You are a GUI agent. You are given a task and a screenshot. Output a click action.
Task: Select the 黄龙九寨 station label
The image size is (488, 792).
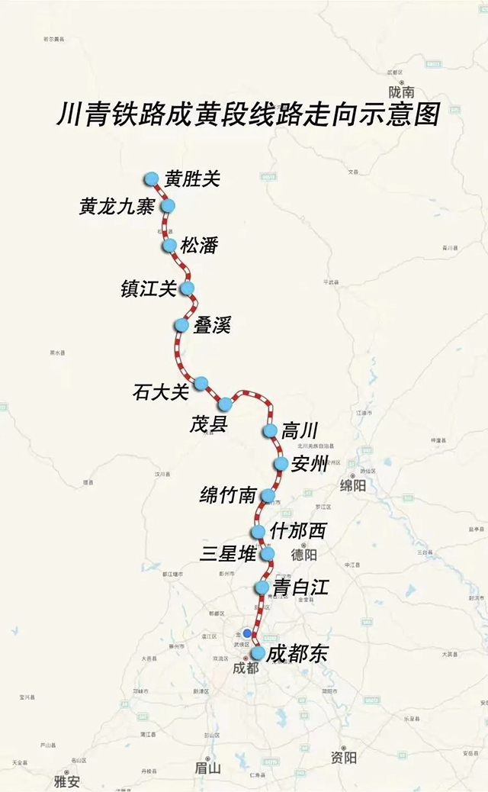pyautogui.click(x=117, y=207)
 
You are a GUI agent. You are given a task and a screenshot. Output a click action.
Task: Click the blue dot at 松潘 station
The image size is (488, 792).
pyautogui.click(x=169, y=245)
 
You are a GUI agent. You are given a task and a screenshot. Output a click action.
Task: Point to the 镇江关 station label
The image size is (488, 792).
pyautogui.click(x=149, y=289)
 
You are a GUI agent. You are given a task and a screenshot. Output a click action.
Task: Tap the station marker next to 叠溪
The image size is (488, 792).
pyautogui.click(x=181, y=325)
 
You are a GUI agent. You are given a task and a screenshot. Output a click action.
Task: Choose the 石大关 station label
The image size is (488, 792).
pyautogui.click(x=160, y=392)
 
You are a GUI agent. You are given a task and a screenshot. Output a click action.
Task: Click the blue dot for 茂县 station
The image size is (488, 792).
pyautogui.click(x=225, y=404)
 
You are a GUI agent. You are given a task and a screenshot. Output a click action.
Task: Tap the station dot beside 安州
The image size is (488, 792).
pyautogui.click(x=280, y=464)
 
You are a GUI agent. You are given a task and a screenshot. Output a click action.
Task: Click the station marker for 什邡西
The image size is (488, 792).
pyautogui.click(x=258, y=531)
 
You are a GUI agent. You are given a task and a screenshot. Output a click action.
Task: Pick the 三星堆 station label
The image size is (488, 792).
pyautogui.click(x=228, y=555)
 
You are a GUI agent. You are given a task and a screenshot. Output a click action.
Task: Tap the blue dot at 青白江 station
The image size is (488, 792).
pyautogui.click(x=262, y=588)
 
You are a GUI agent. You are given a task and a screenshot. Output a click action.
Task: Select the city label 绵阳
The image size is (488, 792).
pyautogui.click(x=353, y=486)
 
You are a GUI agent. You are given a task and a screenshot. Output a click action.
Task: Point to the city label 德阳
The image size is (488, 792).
pyautogui.click(x=303, y=554)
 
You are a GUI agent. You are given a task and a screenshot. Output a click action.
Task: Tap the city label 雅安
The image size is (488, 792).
pyautogui.click(x=66, y=781)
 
